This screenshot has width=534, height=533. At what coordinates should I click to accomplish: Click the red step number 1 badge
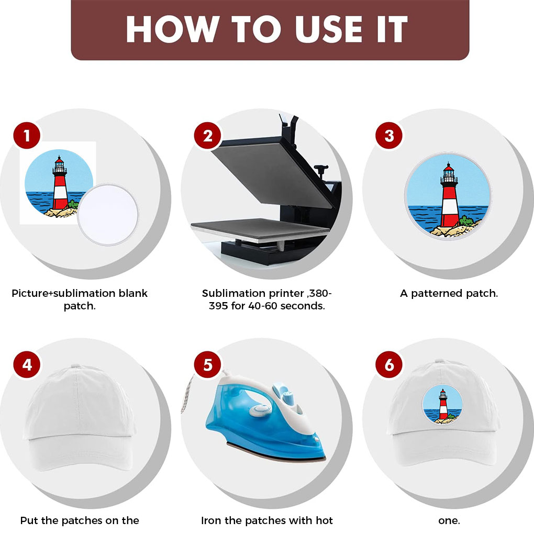[27, 136]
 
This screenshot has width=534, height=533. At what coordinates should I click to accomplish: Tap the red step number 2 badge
[207, 136]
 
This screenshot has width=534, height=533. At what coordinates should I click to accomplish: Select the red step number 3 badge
[389, 136]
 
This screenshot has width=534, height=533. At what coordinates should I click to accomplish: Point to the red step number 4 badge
[27, 365]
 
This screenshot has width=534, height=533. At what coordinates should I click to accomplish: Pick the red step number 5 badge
[207, 365]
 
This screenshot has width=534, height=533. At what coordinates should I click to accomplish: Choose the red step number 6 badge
[389, 365]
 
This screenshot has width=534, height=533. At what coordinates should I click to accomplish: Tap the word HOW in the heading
[173, 29]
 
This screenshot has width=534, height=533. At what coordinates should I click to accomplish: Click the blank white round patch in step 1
[108, 215]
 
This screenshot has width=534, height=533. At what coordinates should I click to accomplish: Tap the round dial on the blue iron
[260, 410]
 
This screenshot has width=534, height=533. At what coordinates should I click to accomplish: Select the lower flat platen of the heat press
[260, 229]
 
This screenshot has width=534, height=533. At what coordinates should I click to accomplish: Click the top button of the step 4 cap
[75, 366]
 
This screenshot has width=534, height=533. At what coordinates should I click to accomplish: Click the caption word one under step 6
[449, 521]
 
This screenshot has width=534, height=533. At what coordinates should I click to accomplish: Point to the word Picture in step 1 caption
[30, 293]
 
